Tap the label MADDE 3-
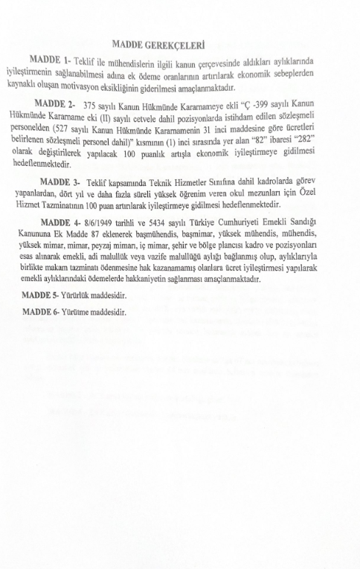click(60, 181)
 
